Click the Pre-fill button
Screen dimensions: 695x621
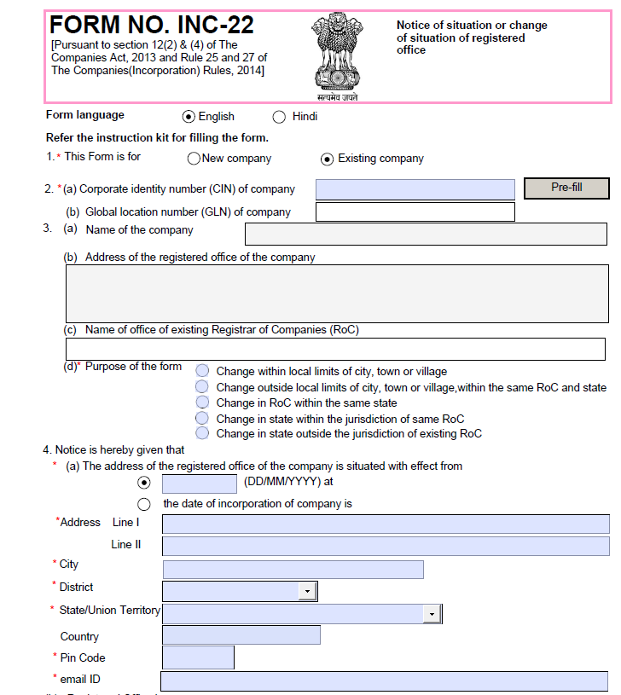(x=566, y=188)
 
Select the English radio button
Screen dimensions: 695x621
(x=189, y=117)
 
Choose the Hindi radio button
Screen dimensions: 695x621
(x=279, y=117)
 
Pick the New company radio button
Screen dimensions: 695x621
(x=194, y=159)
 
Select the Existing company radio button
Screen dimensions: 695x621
(x=327, y=159)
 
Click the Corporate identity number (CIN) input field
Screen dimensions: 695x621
(x=415, y=189)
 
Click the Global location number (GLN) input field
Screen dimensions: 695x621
(x=415, y=211)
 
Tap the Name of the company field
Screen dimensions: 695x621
(x=427, y=234)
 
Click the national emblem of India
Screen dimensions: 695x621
(x=334, y=54)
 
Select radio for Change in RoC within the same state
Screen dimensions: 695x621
(x=202, y=403)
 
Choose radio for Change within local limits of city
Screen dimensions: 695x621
(x=202, y=371)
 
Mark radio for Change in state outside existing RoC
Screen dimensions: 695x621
(x=202, y=433)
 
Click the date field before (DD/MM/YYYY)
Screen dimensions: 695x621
(x=200, y=483)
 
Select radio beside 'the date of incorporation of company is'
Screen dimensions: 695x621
(x=144, y=504)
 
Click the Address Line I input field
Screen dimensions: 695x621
(x=386, y=524)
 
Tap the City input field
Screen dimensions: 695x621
(x=293, y=569)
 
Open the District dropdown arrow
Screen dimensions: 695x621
(x=306, y=591)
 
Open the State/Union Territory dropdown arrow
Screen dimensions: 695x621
(x=432, y=614)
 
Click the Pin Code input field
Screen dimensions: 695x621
(x=198, y=657)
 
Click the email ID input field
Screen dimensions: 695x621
(x=384, y=681)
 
